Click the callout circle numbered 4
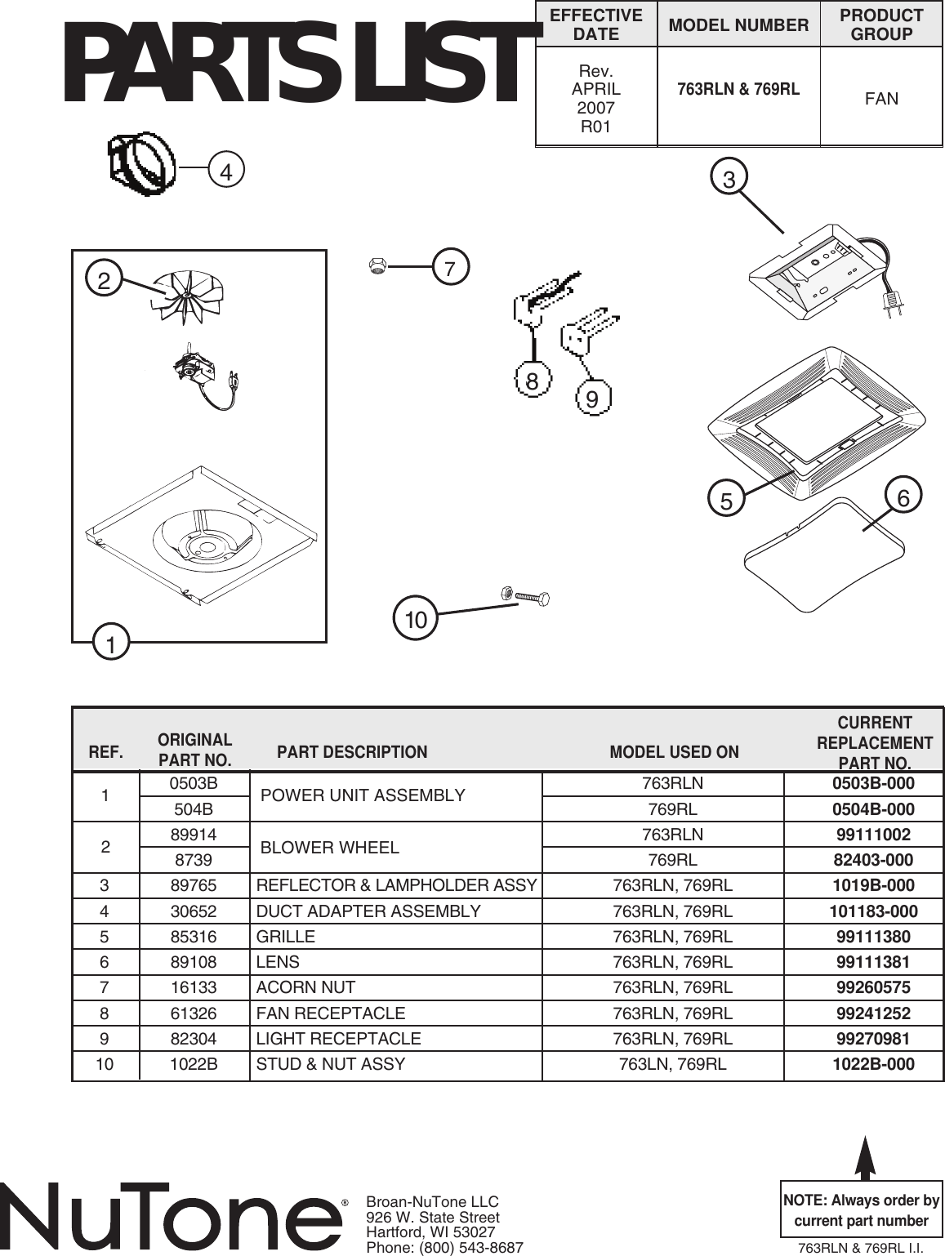pyautogui.click(x=226, y=171)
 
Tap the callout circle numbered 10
pyautogui.click(x=416, y=620)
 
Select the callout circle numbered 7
pyautogui.click(x=450, y=268)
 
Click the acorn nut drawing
pyautogui.click(x=377, y=265)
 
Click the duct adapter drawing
pyautogui.click(x=142, y=163)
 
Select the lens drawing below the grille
pyautogui.click(x=824, y=556)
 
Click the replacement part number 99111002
pyautogui.click(x=873, y=835)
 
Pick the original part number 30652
pyautogui.click(x=194, y=911)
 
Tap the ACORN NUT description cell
pyautogui.click(x=305, y=987)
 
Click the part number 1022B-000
pyautogui.click(x=873, y=1064)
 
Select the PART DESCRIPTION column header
pyautogui.click(x=352, y=752)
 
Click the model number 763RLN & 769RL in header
pyautogui.click(x=738, y=89)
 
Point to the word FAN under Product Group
pyautogui.click(x=881, y=99)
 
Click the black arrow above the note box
pyautogui.click(x=865, y=1156)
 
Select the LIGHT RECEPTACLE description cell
pyautogui.click(x=338, y=1039)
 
